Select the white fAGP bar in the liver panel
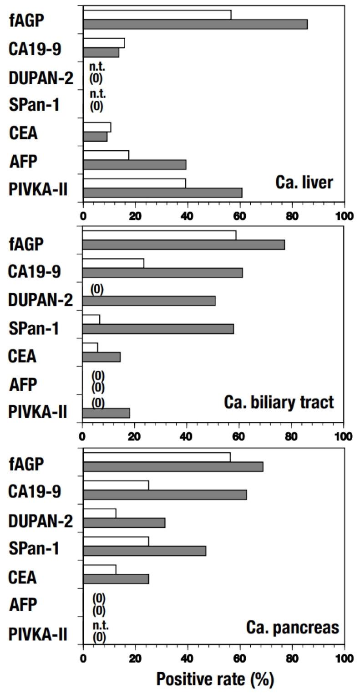pos(157,15)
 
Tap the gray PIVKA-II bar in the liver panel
pos(162,193)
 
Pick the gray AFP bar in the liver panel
pos(134,164)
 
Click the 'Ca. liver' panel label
pos(304,183)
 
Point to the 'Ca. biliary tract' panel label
pos(279,403)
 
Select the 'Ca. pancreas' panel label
pos(293,628)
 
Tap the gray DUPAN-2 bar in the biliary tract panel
pos(148,301)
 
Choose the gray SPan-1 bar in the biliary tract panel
pos(157,329)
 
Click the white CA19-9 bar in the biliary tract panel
pos(113,263)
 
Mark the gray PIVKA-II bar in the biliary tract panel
pos(106,413)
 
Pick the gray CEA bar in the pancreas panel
pos(116,578)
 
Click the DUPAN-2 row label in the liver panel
pos(41,78)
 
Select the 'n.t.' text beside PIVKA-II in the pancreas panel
pos(100,625)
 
